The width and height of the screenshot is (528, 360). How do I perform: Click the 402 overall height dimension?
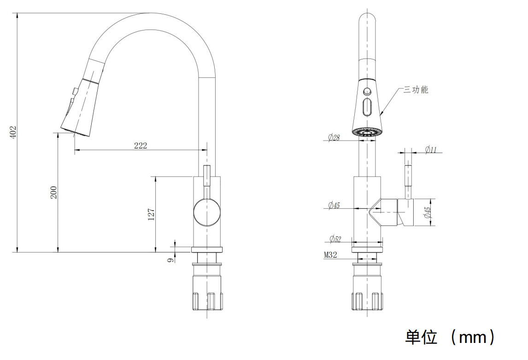click(13, 132)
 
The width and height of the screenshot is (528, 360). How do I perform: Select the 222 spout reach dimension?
click(141, 145)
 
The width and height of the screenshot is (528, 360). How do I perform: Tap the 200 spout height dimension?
click(54, 192)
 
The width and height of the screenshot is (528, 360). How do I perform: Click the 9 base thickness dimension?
click(170, 260)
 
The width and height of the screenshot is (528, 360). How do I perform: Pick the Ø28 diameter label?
click(334, 137)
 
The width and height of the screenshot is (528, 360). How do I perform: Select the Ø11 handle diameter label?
click(431, 149)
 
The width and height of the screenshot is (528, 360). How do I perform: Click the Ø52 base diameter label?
click(335, 239)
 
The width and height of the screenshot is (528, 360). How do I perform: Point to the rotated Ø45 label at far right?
click(427, 212)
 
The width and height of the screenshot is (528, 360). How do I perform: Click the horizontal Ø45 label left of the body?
click(334, 206)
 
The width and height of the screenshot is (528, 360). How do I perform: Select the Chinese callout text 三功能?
click(416, 90)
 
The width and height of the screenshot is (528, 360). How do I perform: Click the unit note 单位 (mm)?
click(450, 337)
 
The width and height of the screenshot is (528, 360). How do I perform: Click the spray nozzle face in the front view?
click(367, 132)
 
